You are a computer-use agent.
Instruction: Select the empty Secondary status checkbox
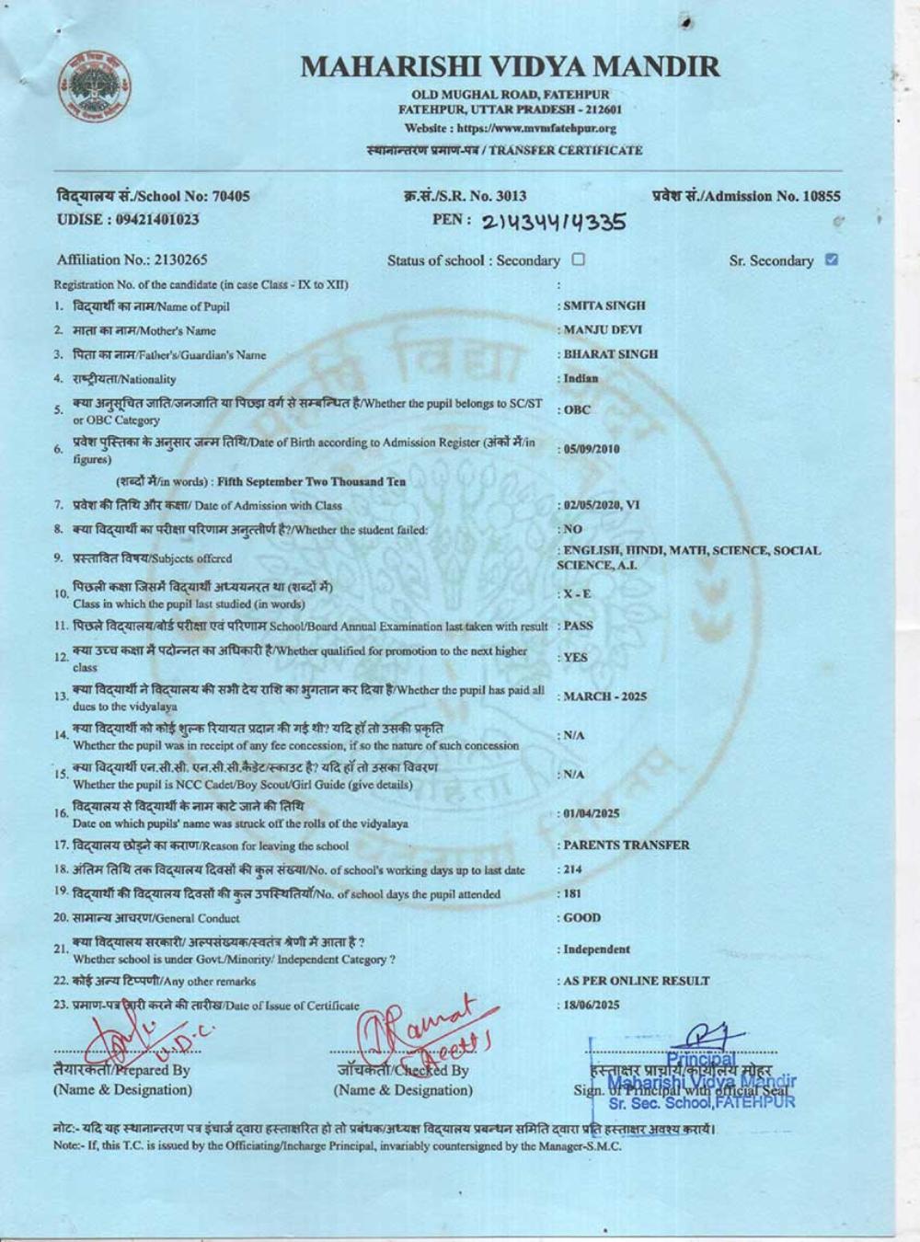pyautogui.click(x=578, y=259)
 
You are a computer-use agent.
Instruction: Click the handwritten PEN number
pyautogui.click(x=555, y=222)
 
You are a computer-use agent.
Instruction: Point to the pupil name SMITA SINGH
pyautogui.click(x=604, y=305)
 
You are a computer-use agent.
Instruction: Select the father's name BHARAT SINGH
pyautogui.click(x=610, y=354)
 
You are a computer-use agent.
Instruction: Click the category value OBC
pyautogui.click(x=577, y=410)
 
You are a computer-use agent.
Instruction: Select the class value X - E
pyautogui.click(x=577, y=594)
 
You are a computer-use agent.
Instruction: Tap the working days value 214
pyautogui.click(x=572, y=869)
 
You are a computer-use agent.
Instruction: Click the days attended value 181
pyautogui.click(x=572, y=893)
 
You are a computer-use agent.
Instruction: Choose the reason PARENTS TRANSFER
pyautogui.click(x=626, y=845)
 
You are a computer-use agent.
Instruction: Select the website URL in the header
pyautogui.click(x=511, y=129)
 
